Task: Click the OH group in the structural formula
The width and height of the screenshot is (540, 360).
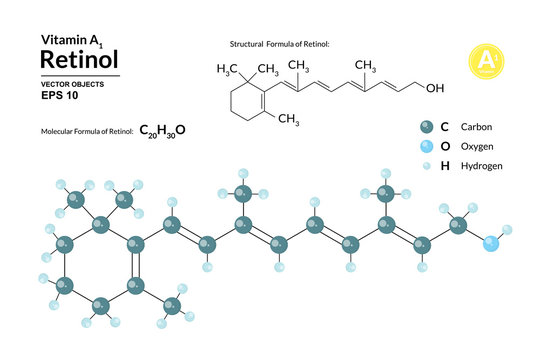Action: tap(434, 87)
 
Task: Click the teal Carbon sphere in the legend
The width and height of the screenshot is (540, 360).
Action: tap(427, 127)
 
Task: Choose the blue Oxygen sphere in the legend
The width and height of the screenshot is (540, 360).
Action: tap(427, 146)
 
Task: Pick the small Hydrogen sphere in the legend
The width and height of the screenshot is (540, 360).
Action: tap(427, 165)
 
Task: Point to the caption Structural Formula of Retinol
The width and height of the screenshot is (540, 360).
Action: tap(280, 45)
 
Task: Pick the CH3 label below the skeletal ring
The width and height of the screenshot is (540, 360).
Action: tap(288, 120)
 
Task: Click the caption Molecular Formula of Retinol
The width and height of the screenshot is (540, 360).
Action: tap(85, 132)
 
